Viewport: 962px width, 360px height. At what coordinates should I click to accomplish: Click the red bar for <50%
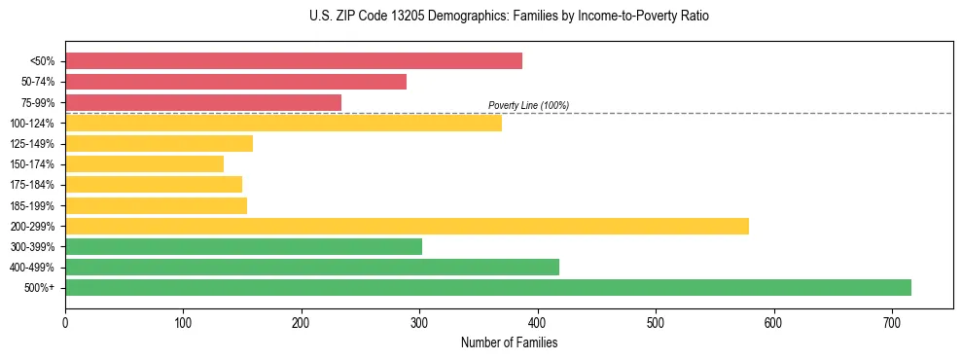click(x=293, y=61)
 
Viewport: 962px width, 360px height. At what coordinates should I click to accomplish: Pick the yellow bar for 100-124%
click(x=283, y=123)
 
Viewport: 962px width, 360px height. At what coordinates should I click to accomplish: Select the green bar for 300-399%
click(x=243, y=246)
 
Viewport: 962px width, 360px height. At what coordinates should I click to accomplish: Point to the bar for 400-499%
click(x=311, y=267)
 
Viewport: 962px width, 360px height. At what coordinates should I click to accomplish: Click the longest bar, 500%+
click(x=487, y=287)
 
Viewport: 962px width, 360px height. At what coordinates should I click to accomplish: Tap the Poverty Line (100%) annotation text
click(x=528, y=105)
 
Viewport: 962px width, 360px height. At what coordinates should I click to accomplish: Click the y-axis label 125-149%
click(x=32, y=144)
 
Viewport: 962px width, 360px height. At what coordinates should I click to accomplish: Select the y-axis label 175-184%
click(x=32, y=185)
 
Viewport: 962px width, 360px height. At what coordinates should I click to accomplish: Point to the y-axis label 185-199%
click(x=32, y=205)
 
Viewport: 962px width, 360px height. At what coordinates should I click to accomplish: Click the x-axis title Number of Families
click(x=509, y=342)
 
